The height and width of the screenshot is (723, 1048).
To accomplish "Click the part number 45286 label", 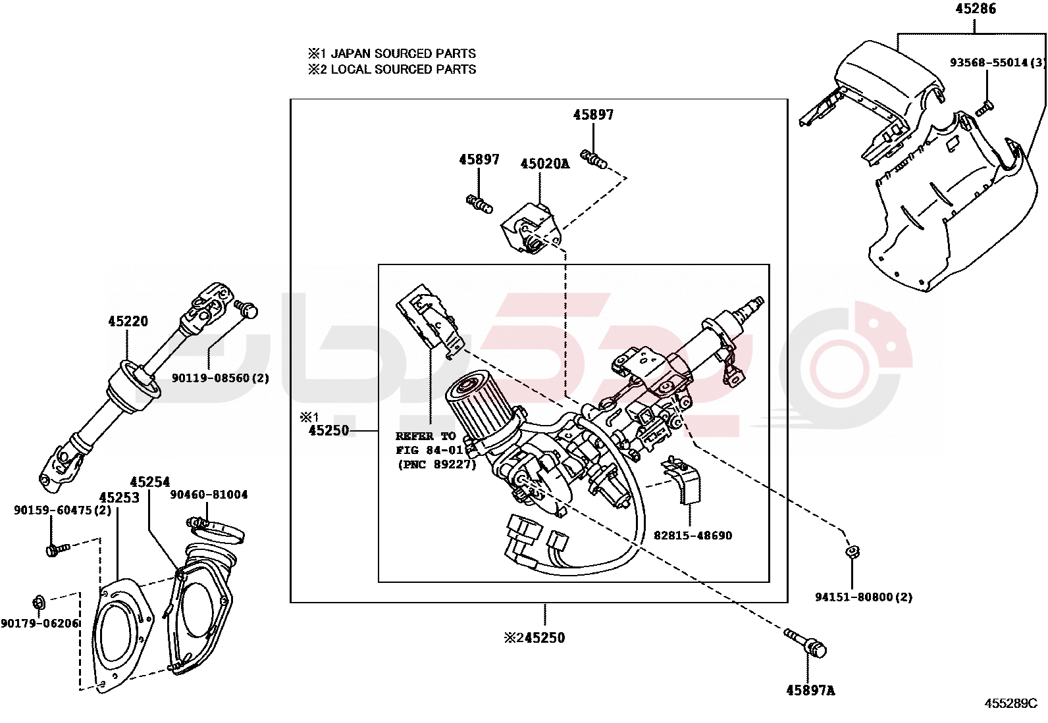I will (x=976, y=9).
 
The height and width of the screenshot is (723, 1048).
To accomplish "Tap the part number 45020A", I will (x=544, y=164).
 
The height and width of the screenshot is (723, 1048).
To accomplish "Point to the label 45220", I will (x=128, y=321).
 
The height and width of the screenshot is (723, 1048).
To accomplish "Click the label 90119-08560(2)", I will (x=221, y=378).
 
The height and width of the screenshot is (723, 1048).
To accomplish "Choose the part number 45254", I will (x=149, y=482).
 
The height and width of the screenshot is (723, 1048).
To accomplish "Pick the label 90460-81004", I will (x=209, y=495).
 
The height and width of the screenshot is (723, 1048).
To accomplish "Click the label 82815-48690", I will (x=693, y=536).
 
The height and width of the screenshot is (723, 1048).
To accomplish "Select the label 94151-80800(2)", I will (x=863, y=597).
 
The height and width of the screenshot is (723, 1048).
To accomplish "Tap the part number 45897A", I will (x=810, y=690).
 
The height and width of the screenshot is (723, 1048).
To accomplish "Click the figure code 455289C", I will (x=1010, y=703).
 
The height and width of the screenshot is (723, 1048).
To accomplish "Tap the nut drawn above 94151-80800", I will (x=852, y=551).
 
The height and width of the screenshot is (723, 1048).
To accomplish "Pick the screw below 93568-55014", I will (x=984, y=108).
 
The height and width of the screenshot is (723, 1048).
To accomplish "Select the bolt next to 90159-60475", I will (x=57, y=548).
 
